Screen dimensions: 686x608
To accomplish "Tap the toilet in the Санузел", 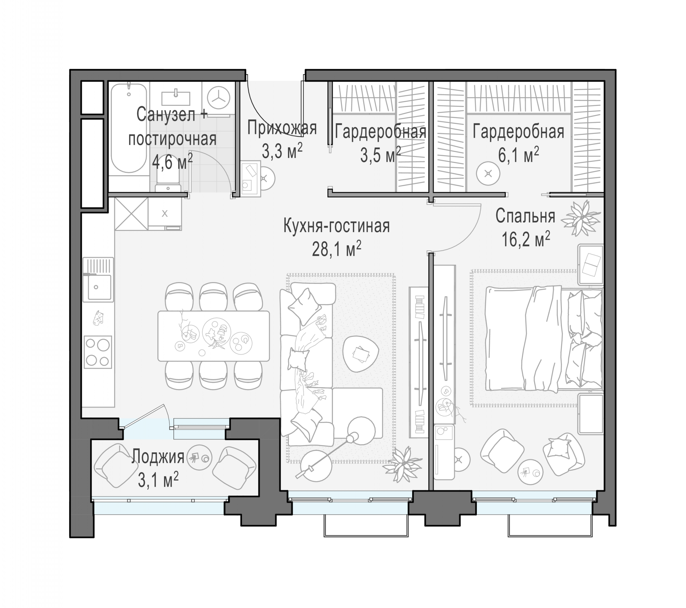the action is (168, 178).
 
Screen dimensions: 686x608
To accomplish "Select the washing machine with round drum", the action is (219, 98).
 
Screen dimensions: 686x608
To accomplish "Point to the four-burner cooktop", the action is (98, 352).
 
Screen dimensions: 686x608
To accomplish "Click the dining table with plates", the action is (213, 336).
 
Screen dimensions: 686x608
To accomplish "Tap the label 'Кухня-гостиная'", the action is (337, 226).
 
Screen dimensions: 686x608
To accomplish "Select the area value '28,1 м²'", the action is (337, 249).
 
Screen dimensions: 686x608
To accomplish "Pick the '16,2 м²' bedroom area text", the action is (526, 239).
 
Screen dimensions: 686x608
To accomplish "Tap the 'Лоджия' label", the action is (158, 457).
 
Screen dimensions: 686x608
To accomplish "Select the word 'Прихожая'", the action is (282, 128).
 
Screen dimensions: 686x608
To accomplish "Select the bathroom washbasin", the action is (176, 97).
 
